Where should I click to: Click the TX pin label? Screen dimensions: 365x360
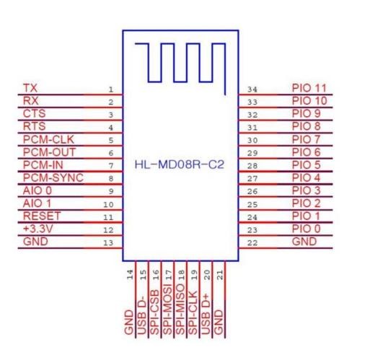tap(30, 88)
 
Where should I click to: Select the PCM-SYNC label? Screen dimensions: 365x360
tap(53, 177)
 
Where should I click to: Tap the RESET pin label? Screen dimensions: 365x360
tap(42, 216)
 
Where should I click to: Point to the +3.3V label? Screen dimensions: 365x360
tap(38, 229)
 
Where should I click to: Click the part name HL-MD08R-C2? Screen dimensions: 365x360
tap(180, 164)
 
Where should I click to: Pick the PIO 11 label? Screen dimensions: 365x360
tap(309, 88)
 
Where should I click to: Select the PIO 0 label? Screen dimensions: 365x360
tap(306, 229)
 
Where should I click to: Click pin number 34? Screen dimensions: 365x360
tap(252, 89)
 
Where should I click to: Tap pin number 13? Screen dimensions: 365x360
tap(108, 243)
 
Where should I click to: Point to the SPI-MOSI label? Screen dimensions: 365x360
tap(167, 309)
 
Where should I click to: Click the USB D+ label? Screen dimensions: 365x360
tap(206, 314)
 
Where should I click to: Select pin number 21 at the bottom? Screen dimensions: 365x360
tap(220, 275)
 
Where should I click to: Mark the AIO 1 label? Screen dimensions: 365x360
tap(37, 203)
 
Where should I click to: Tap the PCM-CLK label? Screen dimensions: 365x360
tap(48, 139)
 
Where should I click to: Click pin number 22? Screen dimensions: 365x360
tap(252, 243)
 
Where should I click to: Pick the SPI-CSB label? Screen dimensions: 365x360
tap(154, 312)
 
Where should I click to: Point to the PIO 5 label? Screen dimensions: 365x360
tap(306, 165)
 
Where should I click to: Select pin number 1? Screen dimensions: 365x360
tap(110, 89)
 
